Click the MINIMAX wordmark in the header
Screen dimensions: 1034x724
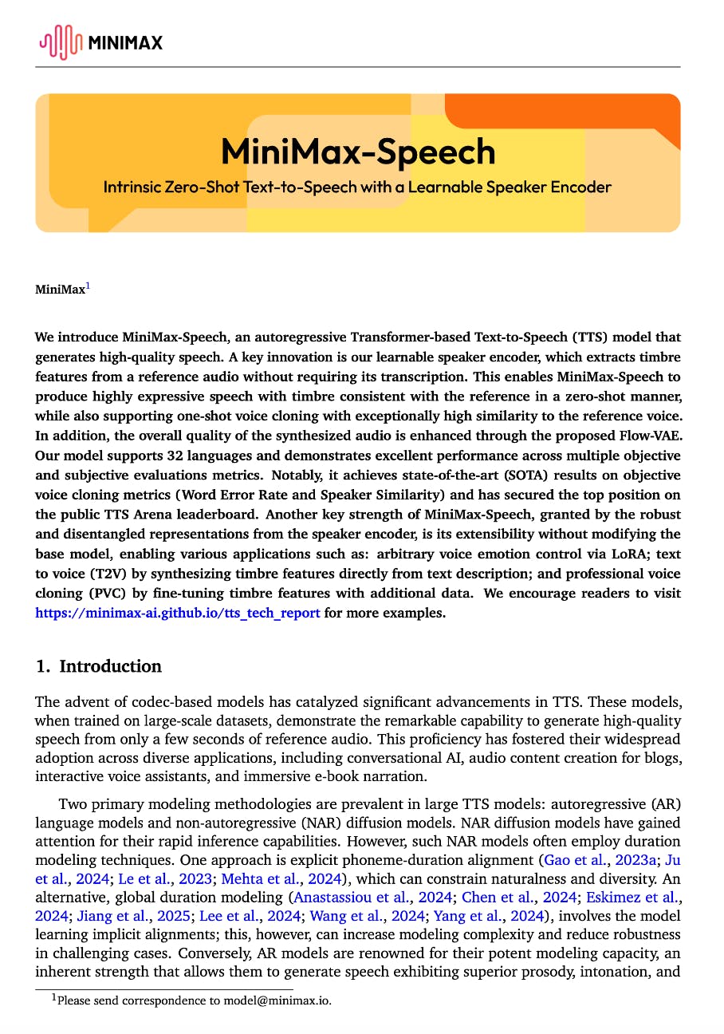pos(126,42)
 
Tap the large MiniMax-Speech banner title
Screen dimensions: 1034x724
pos(358,152)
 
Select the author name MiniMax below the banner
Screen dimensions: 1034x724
pos(60,290)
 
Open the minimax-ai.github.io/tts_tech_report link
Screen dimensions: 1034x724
pos(178,613)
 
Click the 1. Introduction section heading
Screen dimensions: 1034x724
pos(99,666)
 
